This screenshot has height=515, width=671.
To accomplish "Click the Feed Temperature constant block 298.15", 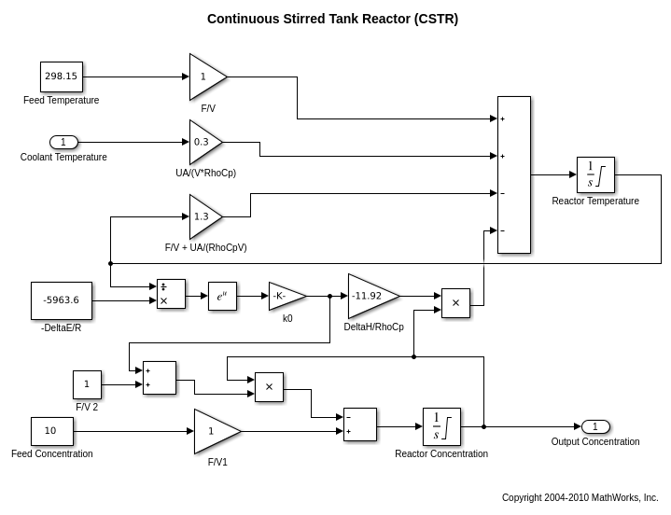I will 62,77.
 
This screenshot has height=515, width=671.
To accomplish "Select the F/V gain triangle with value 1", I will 205,77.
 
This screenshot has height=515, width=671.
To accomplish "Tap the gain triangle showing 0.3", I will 203,142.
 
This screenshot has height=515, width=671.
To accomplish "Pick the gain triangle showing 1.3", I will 203,216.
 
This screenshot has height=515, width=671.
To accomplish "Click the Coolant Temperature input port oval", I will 63,142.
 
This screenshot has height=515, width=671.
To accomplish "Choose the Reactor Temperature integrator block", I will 595,174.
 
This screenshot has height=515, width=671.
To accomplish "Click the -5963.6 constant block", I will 62,300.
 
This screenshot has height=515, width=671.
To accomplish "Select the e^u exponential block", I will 222,296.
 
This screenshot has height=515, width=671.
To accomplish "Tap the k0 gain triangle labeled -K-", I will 285,296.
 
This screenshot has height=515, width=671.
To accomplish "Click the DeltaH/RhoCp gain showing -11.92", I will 370,296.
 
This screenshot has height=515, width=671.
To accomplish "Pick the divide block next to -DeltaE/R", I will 171,294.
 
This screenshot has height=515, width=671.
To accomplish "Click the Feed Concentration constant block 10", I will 51,431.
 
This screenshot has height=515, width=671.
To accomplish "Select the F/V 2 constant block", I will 87,384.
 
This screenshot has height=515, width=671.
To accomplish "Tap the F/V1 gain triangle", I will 214,431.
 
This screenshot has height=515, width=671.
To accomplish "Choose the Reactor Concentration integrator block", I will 441,426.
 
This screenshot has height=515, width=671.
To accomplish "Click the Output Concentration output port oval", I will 595,426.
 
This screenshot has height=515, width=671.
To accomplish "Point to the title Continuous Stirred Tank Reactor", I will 332,19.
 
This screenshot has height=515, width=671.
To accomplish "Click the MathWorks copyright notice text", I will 580,497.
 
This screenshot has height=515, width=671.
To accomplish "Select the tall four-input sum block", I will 513,174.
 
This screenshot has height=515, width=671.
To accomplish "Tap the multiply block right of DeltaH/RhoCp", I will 455,303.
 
